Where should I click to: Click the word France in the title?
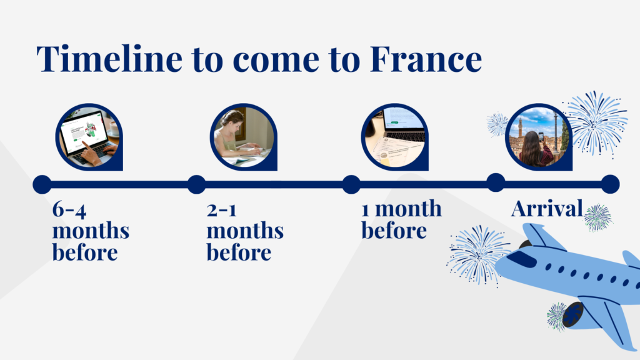point(426,59)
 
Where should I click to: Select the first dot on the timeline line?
point(42,184)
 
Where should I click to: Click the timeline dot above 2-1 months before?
point(196,184)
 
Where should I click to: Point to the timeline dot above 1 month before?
point(351,184)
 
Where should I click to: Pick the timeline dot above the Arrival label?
point(496,182)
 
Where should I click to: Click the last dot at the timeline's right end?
point(610,184)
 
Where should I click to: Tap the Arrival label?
point(547,209)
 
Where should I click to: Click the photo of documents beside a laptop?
point(394,136)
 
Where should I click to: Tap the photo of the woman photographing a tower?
point(538,136)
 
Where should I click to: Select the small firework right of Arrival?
point(598,217)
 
